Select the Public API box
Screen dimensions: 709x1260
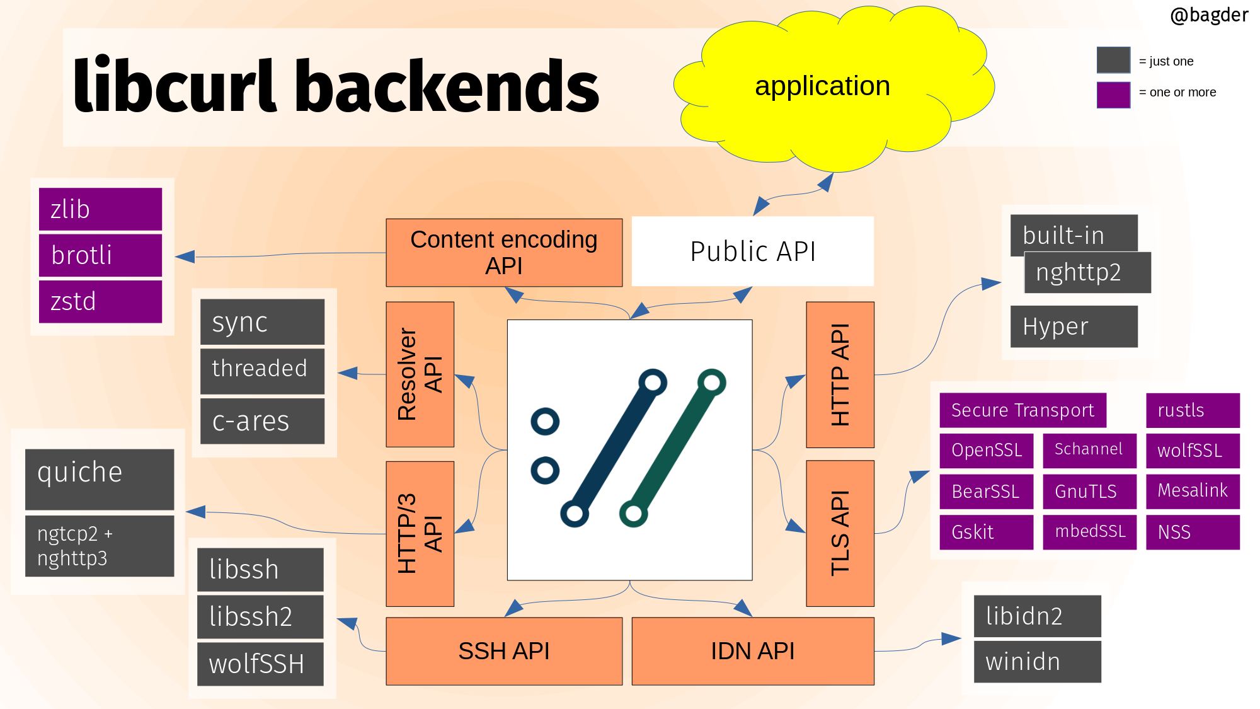point(752,251)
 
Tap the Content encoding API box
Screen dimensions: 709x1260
point(504,253)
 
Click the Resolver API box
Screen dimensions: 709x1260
point(420,374)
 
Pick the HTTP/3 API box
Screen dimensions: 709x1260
point(420,534)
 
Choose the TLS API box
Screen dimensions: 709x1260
point(840,533)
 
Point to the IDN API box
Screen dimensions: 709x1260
point(752,651)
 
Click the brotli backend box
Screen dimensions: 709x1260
point(100,255)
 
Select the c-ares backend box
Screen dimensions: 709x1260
point(262,421)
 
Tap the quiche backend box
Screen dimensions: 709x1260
point(100,479)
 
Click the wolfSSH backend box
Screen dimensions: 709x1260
point(260,664)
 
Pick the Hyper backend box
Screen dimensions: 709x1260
point(1074,326)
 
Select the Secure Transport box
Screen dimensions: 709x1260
point(1022,410)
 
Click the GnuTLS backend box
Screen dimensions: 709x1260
point(1089,492)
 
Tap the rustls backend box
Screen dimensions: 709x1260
point(1193,410)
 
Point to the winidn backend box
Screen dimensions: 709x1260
point(1037,662)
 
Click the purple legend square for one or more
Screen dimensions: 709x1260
point(1113,95)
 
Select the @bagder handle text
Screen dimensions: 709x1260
point(1208,15)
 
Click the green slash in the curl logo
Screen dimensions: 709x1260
point(673,448)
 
